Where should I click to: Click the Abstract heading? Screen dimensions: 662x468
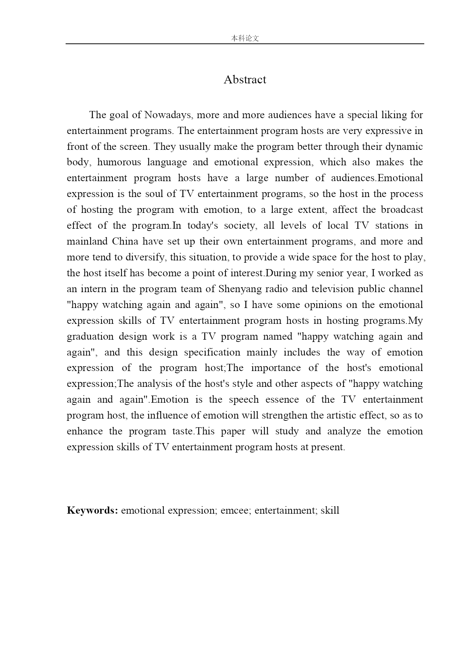(x=245, y=80)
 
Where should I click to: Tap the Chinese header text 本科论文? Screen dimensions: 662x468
(x=245, y=38)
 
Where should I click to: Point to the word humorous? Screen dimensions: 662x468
(x=119, y=162)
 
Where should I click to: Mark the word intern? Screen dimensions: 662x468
(x=87, y=289)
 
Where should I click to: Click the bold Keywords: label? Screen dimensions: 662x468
(x=92, y=511)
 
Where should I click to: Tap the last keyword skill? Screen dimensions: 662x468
(x=330, y=511)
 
